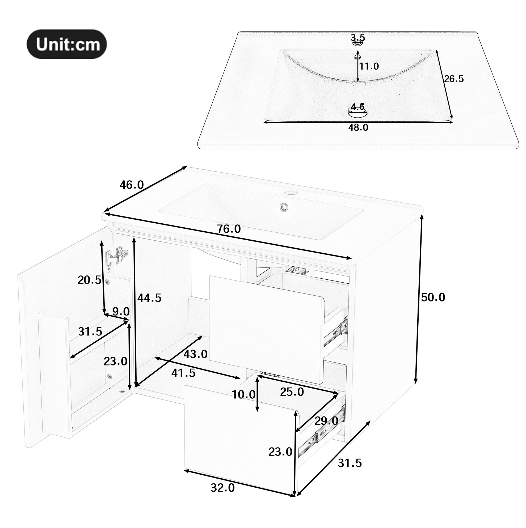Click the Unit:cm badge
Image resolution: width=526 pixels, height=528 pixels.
coord(66,44)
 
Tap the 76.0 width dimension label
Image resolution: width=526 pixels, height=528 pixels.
coord(229,229)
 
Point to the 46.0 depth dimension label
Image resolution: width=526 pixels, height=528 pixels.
coord(132,185)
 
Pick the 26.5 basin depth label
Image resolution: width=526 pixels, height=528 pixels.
coord(454,79)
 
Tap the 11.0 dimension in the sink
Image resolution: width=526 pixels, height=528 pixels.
coord(369,66)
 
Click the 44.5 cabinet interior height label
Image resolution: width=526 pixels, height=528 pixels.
coord(149,298)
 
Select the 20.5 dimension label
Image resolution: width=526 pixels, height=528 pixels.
coord(90,280)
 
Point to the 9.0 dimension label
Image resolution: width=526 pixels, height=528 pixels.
coord(121,311)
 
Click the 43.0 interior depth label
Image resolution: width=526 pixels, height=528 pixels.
coord(195,354)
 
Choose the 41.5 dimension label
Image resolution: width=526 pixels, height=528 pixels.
coord(183,373)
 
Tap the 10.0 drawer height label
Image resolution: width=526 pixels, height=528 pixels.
coord(243,394)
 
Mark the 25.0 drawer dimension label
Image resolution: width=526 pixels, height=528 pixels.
coord(292,392)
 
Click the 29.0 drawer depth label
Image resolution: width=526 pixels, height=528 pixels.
coord(326,429)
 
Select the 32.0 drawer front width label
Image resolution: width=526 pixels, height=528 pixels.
coord(223,488)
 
